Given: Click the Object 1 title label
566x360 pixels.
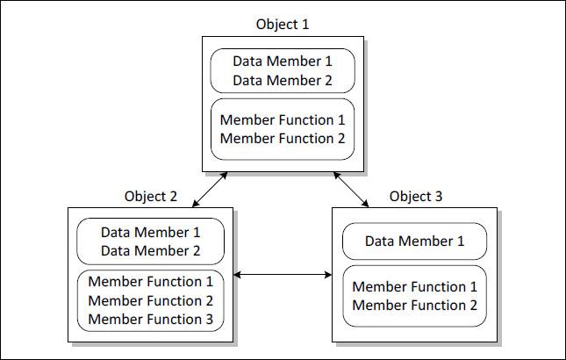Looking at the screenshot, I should coord(282,24).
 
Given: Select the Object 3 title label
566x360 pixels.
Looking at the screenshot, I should coord(416,196).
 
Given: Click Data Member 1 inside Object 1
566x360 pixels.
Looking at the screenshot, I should coord(282,62).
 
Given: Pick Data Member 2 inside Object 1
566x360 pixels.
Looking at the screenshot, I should coord(282,80).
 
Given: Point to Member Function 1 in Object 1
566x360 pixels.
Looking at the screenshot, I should coord(282,120).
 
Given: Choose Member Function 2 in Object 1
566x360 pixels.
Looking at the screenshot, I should coord(282,138).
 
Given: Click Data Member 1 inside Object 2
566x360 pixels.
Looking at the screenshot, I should coord(150,233).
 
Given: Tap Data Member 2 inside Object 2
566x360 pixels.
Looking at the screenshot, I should coord(150,250).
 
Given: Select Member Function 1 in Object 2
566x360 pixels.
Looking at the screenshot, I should coord(150,282).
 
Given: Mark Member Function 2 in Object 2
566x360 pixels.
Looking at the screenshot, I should coord(150,300).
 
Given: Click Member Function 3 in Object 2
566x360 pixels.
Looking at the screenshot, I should coord(150,319).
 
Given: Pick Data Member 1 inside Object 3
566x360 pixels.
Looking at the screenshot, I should coord(414,241).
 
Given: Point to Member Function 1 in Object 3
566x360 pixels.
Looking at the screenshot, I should coord(414,287).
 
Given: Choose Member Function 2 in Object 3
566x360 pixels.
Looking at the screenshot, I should coord(414,306).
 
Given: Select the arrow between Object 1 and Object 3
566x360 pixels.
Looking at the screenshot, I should coord(351,189).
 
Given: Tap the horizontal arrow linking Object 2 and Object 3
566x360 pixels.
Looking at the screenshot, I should coord(283,276).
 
